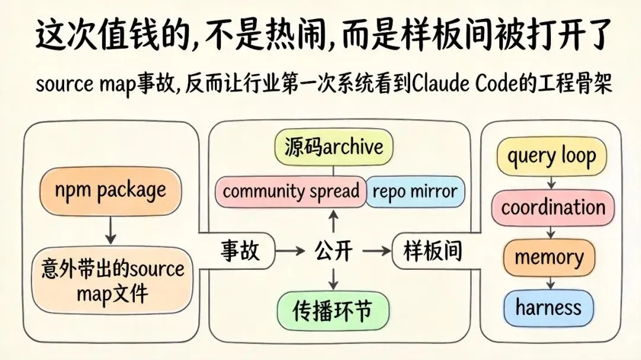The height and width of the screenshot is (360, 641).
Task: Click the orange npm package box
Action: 110,191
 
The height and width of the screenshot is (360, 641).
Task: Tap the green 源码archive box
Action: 334,148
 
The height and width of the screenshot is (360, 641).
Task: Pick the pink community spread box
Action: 291,192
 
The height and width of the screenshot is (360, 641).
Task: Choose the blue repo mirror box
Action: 414,192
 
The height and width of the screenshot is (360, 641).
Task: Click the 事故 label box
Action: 240,251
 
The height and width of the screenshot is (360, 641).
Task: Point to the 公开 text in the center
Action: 333,251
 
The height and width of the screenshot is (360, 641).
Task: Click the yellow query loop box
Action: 551,157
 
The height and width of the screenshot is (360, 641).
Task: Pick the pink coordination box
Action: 553,208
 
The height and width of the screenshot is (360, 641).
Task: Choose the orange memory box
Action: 549,257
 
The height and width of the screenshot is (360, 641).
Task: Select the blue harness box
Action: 548,307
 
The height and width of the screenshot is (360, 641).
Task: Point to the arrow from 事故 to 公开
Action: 290,251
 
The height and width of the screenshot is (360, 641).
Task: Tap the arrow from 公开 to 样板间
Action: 376,251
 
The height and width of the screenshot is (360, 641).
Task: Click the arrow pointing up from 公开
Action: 333,222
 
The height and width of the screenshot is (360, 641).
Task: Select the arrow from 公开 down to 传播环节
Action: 333,279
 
